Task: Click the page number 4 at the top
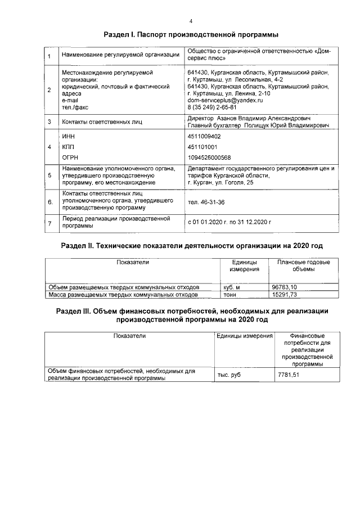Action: click(191, 21)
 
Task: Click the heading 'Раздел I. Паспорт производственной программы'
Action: click(191, 35)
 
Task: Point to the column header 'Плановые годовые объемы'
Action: click(303, 266)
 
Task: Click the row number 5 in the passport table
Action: click(50, 175)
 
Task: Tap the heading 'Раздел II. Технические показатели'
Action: click(191, 246)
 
